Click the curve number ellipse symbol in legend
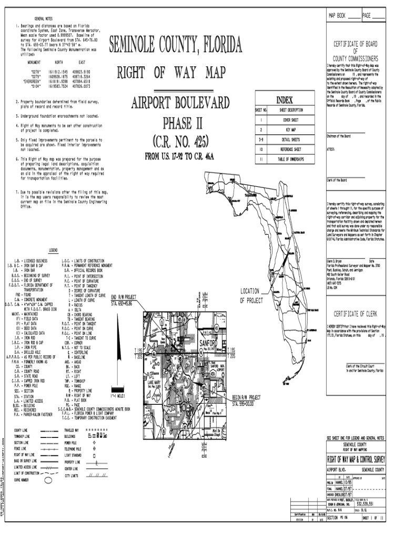(x=48, y=480)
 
